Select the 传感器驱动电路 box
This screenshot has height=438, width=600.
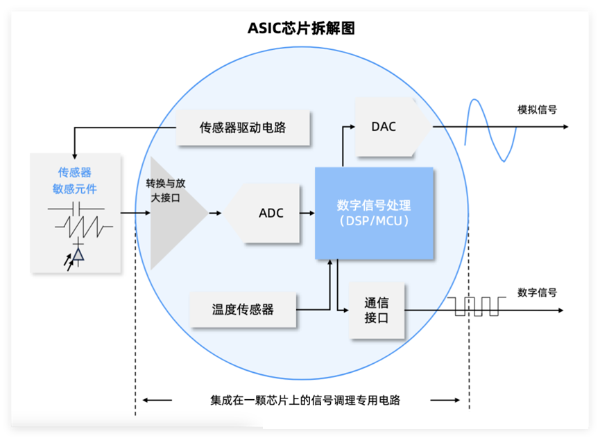(242, 128)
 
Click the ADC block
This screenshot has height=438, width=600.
(267, 213)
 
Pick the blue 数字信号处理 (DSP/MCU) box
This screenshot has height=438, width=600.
(374, 213)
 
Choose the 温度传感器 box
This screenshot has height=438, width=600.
(243, 309)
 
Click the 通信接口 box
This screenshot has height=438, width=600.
(377, 310)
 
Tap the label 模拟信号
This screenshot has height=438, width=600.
(537, 109)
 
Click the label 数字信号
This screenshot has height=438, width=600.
(537, 292)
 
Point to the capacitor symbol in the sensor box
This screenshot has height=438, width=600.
(76, 207)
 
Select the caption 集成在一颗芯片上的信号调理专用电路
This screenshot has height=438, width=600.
(305, 400)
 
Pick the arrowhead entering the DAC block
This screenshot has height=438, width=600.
(352, 127)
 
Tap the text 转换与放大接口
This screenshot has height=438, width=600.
(164, 191)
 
